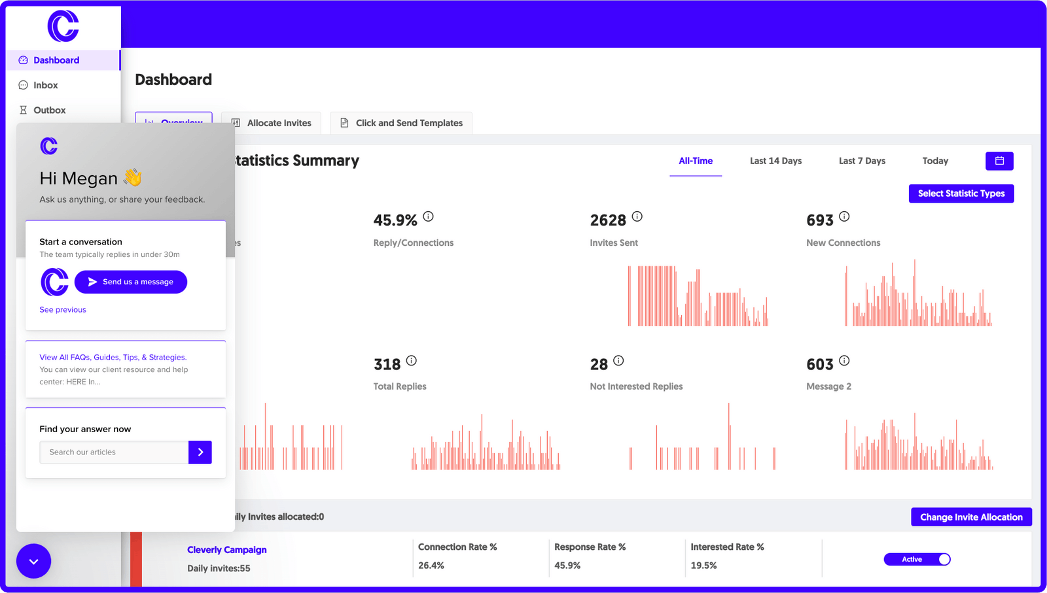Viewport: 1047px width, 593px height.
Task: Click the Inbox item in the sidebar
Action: coord(45,85)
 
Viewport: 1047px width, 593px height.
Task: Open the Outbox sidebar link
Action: coord(49,110)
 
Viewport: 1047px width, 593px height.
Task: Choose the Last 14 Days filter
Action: coord(775,161)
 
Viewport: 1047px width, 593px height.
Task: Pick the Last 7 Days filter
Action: coord(862,161)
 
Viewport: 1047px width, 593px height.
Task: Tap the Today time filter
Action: coord(935,161)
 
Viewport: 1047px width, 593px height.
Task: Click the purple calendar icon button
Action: coord(999,161)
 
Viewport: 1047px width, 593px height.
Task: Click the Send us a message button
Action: coord(131,282)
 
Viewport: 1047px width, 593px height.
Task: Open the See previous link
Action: coord(63,310)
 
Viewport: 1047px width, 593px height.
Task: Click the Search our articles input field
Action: coord(115,452)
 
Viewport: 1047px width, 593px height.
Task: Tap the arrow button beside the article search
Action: coord(200,452)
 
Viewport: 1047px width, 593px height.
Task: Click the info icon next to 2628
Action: coord(637,216)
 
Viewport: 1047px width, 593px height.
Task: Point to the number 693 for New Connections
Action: coord(820,220)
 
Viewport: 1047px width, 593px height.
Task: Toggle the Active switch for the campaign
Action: coord(917,559)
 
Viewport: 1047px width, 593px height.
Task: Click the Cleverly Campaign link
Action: coord(226,550)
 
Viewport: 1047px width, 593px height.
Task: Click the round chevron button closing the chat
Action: coord(33,561)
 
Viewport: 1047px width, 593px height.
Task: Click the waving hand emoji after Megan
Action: coord(132,177)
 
